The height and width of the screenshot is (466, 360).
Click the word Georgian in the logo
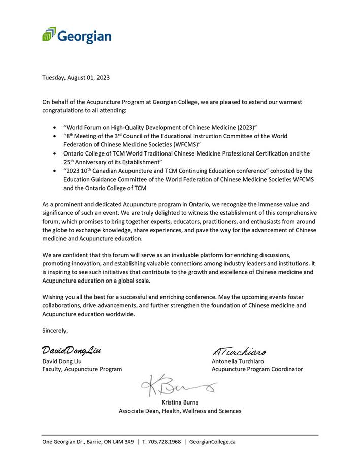tap(84, 36)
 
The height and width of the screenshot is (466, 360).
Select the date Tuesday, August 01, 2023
tap(76, 78)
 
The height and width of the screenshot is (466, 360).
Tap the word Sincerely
tap(55, 331)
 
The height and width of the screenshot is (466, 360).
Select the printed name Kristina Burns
tap(180, 402)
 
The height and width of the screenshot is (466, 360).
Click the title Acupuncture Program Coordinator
tap(257, 369)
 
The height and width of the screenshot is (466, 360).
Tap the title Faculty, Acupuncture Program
tap(82, 369)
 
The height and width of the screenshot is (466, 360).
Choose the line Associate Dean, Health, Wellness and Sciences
tap(180, 411)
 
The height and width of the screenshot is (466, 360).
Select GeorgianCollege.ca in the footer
tap(212, 442)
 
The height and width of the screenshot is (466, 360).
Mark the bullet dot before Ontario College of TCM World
tap(55, 153)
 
